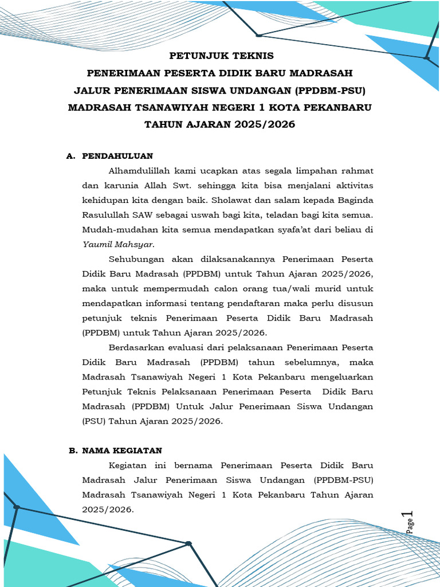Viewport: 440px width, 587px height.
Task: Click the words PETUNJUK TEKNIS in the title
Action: click(x=221, y=56)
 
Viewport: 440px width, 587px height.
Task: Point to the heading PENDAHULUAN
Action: click(x=117, y=156)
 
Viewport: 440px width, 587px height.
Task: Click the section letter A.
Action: click(x=70, y=156)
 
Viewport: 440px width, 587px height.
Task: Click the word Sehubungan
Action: click(x=137, y=258)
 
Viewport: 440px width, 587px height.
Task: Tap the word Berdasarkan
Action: click(x=137, y=347)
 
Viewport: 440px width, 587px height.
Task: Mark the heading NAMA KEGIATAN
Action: click(x=122, y=451)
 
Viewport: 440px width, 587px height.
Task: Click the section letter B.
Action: click(x=72, y=451)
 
